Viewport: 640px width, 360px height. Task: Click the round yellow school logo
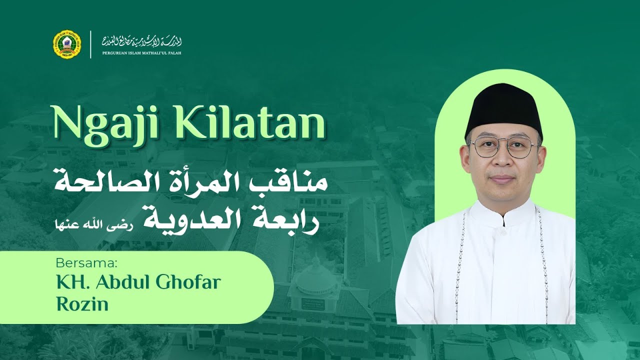66,44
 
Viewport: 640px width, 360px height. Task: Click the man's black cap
503,107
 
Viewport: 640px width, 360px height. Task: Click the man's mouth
502,178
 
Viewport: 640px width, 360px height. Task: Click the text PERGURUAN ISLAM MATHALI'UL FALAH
141,52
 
